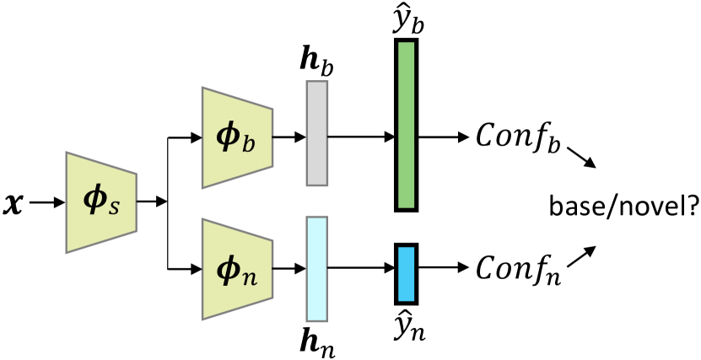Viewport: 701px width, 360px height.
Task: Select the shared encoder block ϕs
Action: (102, 202)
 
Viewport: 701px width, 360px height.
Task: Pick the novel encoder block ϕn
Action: (236, 269)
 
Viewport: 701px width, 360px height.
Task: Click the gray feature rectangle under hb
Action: (316, 133)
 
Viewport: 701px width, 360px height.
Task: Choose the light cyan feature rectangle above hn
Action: (316, 269)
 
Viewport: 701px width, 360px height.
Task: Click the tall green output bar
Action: (406, 125)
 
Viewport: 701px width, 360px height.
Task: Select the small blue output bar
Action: (406, 274)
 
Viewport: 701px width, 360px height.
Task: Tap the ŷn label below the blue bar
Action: (407, 325)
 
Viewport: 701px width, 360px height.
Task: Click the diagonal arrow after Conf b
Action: (580, 157)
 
